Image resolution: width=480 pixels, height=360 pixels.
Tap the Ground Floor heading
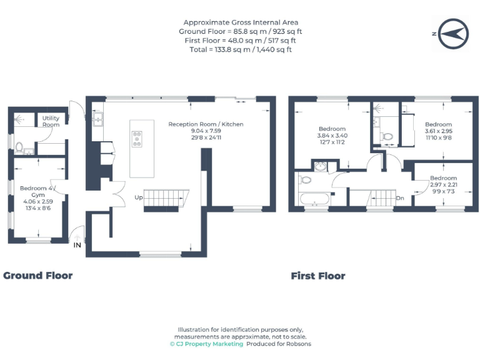[x=38, y=276]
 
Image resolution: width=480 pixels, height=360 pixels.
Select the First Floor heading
[x=317, y=276]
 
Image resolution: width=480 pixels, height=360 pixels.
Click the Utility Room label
[x=51, y=121]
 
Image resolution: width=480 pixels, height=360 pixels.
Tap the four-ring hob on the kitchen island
[x=137, y=139]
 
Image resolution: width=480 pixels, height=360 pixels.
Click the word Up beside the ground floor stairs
[x=138, y=197]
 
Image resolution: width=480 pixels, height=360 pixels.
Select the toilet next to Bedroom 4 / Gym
[x=19, y=148]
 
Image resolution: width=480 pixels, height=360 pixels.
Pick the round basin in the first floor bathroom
[x=321, y=166]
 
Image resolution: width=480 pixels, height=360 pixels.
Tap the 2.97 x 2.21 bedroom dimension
[x=443, y=184]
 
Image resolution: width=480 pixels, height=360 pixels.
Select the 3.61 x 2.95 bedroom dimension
[x=438, y=131]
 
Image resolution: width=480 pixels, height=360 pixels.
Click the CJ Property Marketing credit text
[x=206, y=344]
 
